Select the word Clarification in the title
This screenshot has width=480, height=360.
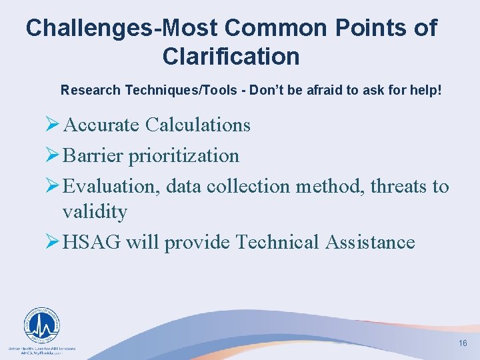click(x=231, y=56)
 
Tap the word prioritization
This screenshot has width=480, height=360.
click(x=183, y=155)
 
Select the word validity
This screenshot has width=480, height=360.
click(x=95, y=211)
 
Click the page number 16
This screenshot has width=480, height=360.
click(x=463, y=343)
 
